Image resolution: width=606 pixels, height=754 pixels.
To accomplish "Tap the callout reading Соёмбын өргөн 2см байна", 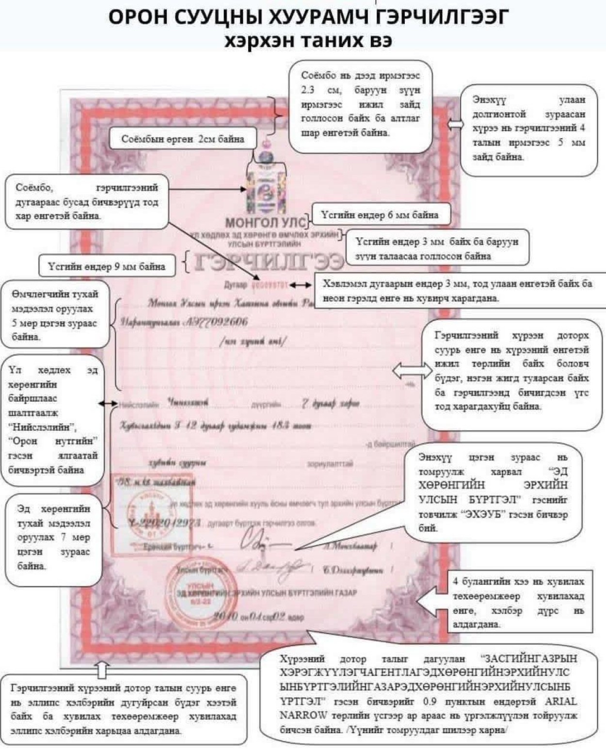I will point(182,139).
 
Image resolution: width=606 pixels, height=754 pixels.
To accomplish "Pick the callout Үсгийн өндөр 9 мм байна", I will point(106,266).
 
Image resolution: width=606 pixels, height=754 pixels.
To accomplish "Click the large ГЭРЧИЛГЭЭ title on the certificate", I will point(269,262).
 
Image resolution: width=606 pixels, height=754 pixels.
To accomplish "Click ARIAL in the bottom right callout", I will point(561,702).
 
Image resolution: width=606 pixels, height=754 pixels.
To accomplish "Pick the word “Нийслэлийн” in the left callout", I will point(42,427).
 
